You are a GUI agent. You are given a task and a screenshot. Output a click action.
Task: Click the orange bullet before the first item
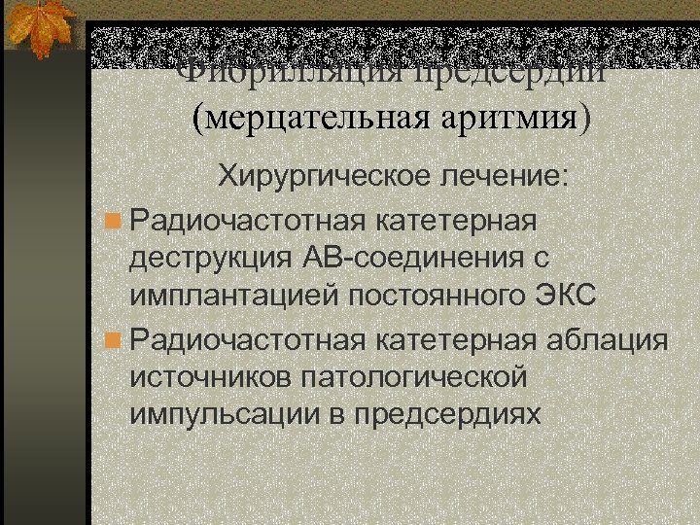[115, 220]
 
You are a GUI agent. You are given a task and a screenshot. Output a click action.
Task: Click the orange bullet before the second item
[115, 342]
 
